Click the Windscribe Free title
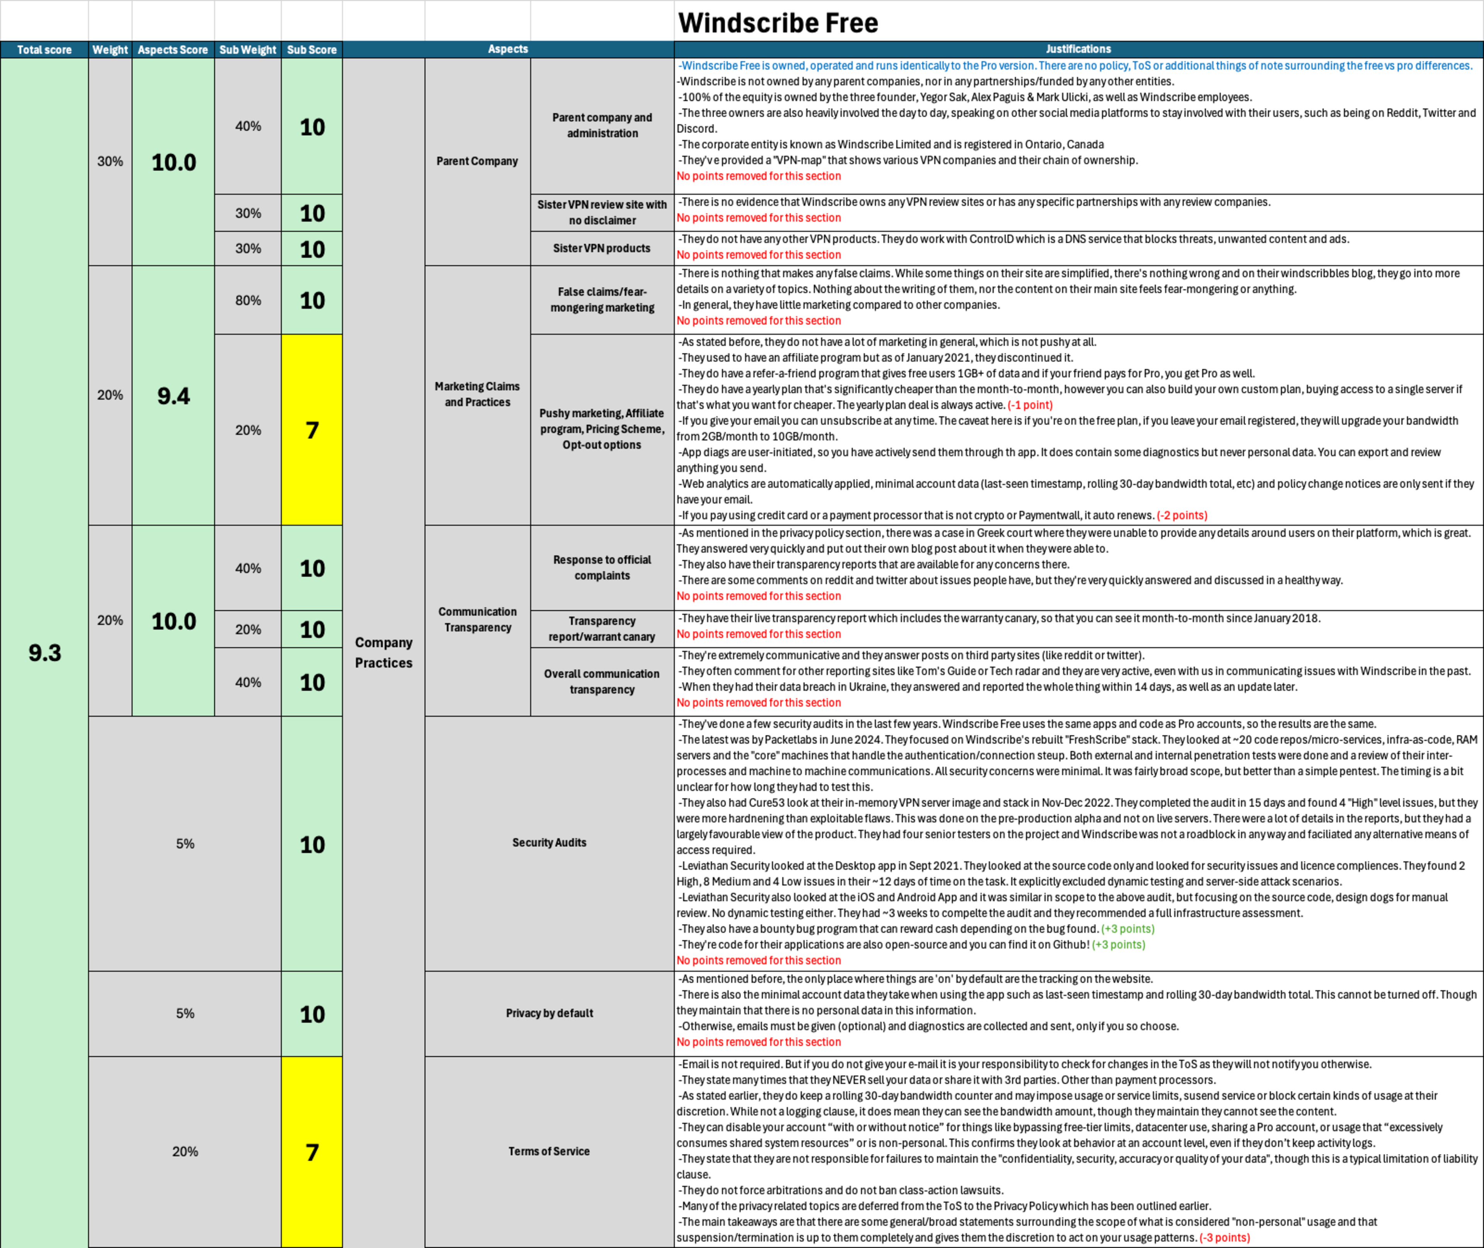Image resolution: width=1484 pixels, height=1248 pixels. click(x=778, y=23)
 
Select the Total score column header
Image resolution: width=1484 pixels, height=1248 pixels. click(x=44, y=49)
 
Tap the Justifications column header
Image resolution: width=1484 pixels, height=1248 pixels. click(x=1078, y=49)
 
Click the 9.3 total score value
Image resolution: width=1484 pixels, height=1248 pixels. click(x=44, y=652)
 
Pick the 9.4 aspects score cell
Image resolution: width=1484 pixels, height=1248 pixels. click(x=173, y=396)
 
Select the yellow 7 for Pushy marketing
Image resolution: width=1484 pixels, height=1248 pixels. click(x=312, y=430)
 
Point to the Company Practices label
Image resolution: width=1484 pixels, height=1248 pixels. click(x=383, y=652)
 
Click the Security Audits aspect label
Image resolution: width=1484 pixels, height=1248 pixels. click(x=549, y=842)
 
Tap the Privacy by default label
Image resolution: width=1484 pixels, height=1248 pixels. click(x=549, y=1013)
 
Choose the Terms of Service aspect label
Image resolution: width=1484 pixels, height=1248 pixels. click(x=549, y=1151)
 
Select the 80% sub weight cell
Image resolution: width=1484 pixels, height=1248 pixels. click(x=248, y=300)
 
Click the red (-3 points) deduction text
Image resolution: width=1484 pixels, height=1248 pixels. click(x=1225, y=1238)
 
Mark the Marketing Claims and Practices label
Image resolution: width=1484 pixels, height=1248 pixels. click(x=477, y=394)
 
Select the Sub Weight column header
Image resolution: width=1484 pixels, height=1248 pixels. click(x=247, y=49)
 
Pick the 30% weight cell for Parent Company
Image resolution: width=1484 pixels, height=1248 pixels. click(x=110, y=161)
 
